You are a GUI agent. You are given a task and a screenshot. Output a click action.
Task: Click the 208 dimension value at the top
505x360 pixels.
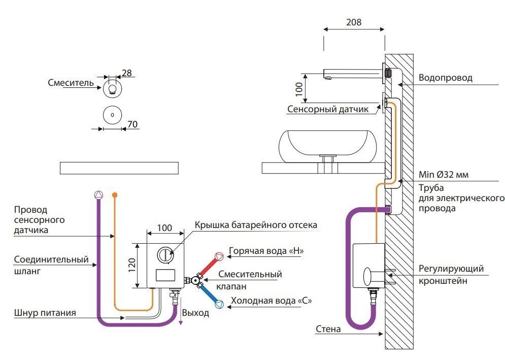354,22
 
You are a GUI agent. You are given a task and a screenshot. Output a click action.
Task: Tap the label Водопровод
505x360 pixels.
445,78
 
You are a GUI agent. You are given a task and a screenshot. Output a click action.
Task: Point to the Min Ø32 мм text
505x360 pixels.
443,175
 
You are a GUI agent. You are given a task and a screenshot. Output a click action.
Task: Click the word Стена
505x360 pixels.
328,329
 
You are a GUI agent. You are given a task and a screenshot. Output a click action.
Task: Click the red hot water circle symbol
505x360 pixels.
219,256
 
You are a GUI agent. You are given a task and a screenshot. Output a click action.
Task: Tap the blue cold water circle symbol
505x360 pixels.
220,305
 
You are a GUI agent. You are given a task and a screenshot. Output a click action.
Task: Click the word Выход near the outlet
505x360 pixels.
195,313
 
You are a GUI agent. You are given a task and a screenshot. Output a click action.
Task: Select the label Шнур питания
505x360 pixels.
45,313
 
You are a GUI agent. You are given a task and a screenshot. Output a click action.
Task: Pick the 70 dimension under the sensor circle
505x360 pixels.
132,124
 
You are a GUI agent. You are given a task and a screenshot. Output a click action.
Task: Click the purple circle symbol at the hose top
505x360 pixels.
99,194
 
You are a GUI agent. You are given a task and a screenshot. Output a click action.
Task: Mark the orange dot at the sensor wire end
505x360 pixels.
115,194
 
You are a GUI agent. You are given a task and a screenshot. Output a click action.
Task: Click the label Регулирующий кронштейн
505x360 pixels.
451,274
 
